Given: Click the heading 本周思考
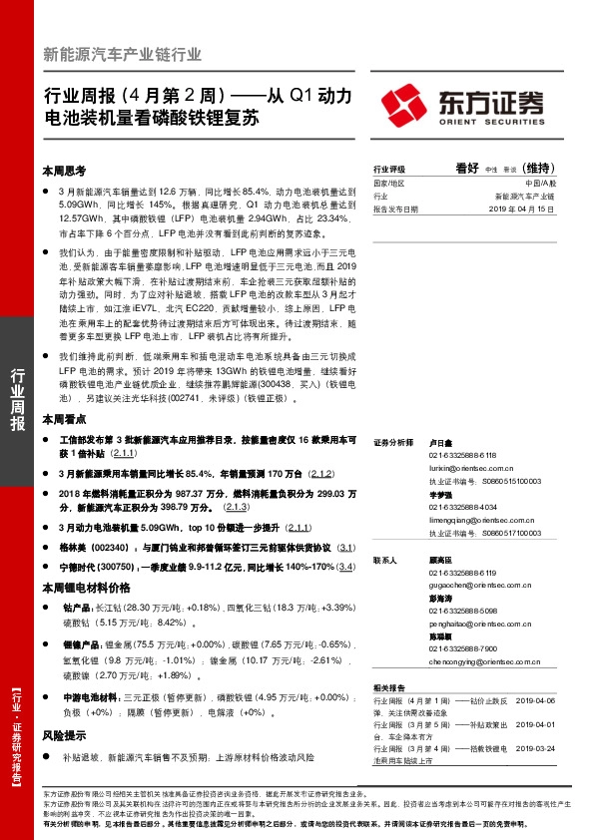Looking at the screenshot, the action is point(64,171).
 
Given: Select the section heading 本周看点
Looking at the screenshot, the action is point(64,419).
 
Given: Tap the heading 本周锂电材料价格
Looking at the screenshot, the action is point(86,586).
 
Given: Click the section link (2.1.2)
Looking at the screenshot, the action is point(320,473).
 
